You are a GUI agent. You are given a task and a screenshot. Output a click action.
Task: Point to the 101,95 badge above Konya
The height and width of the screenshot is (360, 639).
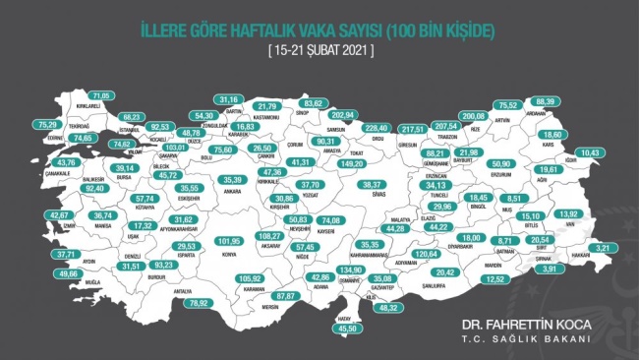228,240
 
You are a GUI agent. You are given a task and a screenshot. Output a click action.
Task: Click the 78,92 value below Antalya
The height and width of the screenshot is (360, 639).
228,303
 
